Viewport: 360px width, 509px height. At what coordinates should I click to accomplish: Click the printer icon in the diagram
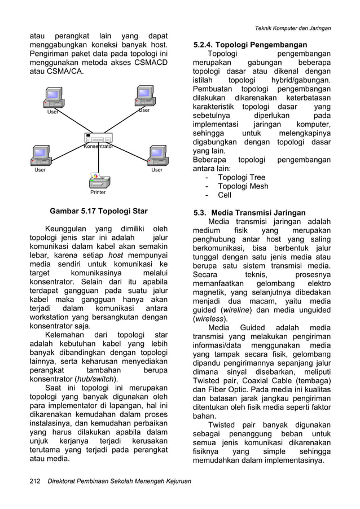pyautogui.click(x=98, y=181)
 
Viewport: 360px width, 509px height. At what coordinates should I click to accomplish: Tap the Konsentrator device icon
pyautogui.click(x=99, y=138)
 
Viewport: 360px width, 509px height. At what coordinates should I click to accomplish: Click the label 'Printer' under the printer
pyautogui.click(x=98, y=192)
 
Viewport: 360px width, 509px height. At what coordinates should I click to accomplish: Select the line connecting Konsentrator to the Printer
pyautogui.click(x=99, y=161)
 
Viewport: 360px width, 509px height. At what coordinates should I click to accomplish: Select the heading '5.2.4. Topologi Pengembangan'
pyautogui.click(x=251, y=45)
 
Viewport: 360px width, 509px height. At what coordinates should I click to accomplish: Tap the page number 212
pyautogui.click(x=36, y=481)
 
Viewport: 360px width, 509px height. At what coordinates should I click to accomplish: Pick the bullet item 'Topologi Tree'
pyautogui.click(x=242, y=177)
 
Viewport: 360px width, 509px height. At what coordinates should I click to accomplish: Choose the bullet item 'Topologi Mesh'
pyautogui.click(x=243, y=186)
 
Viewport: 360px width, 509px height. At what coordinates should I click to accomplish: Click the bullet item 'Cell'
pyautogui.click(x=225, y=196)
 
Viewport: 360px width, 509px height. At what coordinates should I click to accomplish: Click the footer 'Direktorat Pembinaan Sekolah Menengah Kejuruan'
pyautogui.click(x=119, y=481)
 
